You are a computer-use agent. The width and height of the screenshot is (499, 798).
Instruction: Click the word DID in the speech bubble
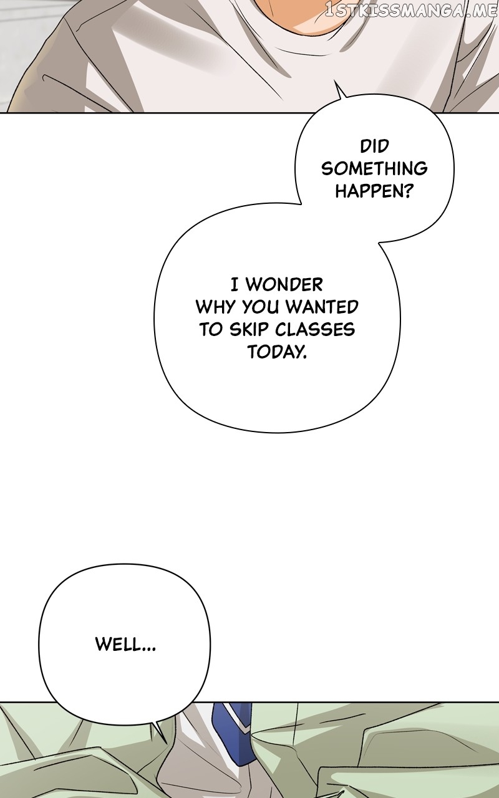point(374,147)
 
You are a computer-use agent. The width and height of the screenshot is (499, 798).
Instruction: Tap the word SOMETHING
point(374,168)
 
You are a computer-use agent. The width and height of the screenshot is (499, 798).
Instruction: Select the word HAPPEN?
point(374,191)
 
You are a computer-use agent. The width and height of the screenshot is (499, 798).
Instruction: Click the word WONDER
point(284,285)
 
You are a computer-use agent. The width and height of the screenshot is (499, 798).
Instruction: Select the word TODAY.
point(277,352)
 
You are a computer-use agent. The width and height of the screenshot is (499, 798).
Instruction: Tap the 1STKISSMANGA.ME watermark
point(411,11)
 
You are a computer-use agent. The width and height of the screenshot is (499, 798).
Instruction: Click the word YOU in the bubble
point(263,307)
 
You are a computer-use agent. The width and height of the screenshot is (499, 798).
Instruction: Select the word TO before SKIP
point(211,330)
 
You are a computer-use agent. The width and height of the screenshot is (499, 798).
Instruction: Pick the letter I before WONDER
point(235,285)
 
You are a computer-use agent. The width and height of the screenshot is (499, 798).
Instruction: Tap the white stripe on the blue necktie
point(240,717)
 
